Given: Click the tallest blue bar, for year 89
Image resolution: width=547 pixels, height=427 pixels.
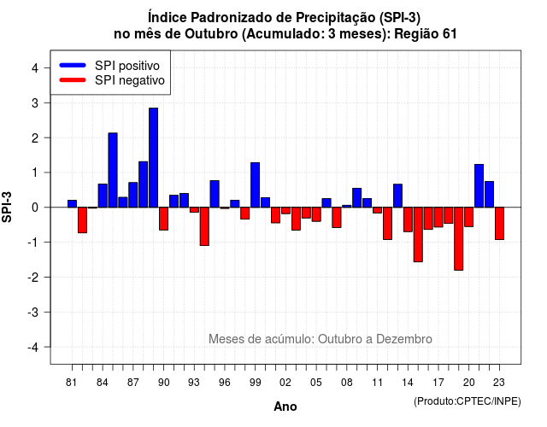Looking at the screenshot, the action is pos(153,157).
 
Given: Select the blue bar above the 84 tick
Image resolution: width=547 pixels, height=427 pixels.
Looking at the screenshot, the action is pos(103,196).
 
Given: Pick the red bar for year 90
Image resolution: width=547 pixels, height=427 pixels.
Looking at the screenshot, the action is pos(163,219).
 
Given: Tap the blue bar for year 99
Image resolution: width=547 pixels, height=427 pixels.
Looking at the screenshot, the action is pos(255,184).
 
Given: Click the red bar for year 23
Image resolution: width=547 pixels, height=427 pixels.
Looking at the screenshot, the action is pos(499,224).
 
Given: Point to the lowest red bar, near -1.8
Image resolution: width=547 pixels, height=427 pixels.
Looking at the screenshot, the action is pos(459,239).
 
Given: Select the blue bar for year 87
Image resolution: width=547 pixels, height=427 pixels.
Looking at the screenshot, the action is pos(133,195).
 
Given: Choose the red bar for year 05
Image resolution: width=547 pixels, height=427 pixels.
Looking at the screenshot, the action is pos(316,214).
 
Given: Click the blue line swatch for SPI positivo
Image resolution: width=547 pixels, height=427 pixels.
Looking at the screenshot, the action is pos(73,65).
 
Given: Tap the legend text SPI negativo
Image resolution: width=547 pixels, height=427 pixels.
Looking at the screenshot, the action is pos(130,80).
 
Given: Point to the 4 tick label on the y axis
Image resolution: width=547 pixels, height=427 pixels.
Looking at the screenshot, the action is pos(35,68).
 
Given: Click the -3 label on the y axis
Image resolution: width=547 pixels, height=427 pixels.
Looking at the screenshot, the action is pos(33,313).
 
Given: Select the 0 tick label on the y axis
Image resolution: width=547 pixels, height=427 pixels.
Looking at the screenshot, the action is pos(35,208).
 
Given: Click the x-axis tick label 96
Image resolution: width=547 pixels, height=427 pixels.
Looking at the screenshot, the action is pos(225,383).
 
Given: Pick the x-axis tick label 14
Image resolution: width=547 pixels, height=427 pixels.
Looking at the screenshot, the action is pos(408,383).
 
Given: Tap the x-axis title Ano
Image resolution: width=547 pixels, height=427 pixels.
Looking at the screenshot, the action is pos(285,407).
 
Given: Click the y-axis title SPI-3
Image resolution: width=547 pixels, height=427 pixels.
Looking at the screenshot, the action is pos(7,207).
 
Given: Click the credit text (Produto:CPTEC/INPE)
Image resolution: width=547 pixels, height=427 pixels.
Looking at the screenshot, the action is pos(468,401).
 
